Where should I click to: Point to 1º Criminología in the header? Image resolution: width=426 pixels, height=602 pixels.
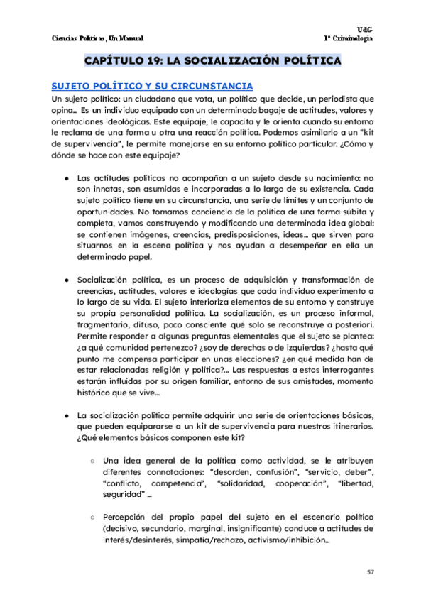[349, 38]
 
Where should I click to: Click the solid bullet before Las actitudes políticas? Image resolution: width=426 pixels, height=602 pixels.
[66, 178]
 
